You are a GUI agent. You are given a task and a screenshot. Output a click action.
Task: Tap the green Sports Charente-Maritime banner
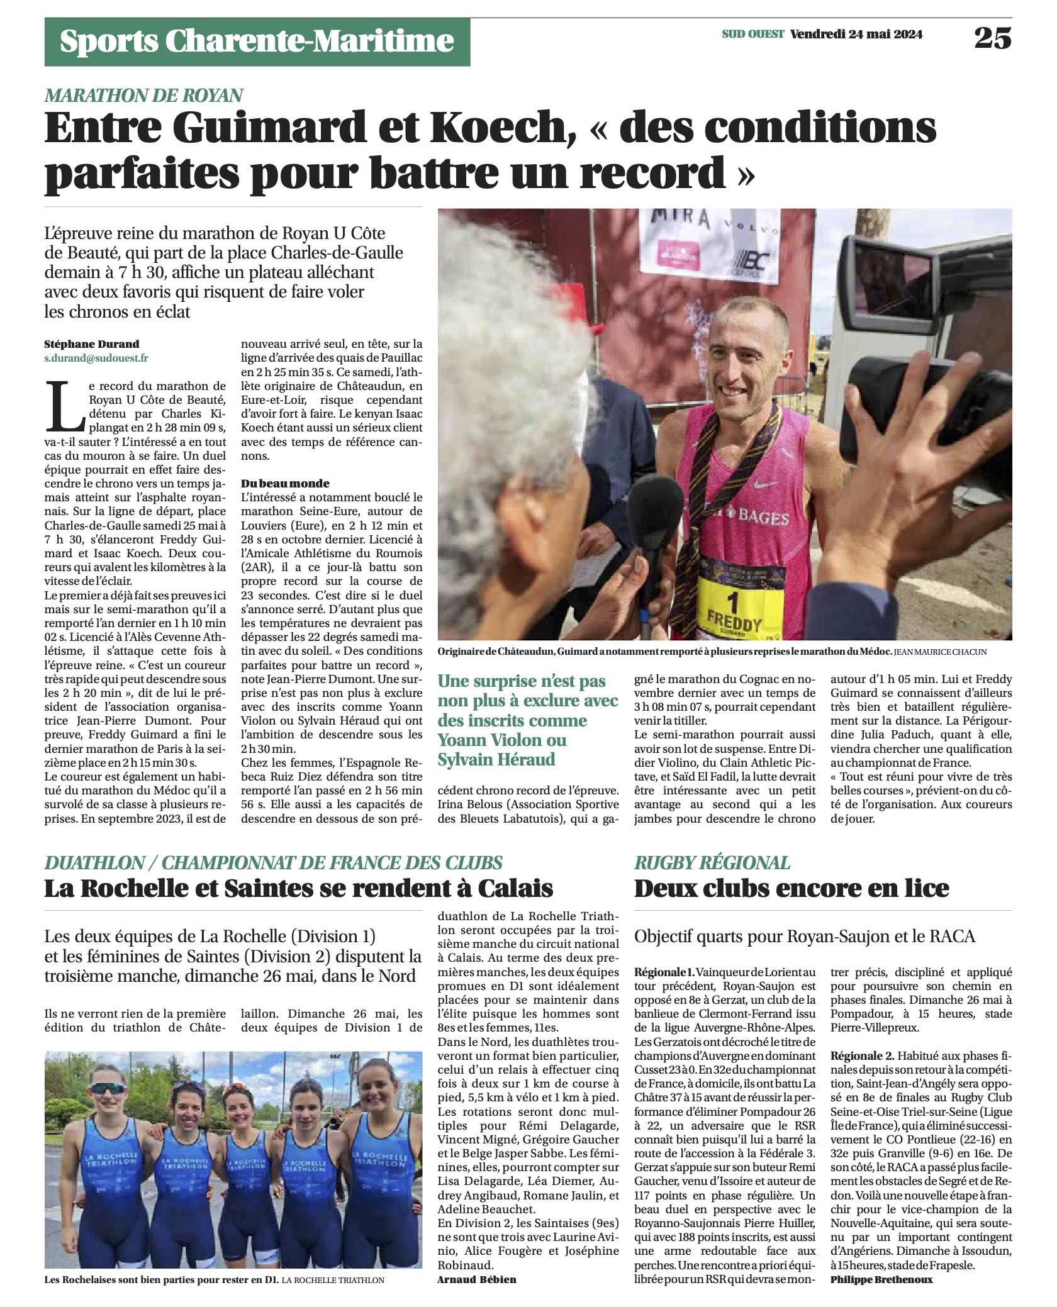click(257, 42)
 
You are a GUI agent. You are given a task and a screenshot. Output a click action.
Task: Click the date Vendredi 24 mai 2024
click(856, 35)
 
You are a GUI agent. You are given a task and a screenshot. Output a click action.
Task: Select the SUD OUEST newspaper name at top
click(752, 35)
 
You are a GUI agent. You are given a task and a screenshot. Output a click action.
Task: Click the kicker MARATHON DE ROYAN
click(143, 95)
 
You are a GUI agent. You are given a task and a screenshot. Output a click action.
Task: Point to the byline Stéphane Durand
click(92, 344)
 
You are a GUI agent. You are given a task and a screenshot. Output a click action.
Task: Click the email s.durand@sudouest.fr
click(96, 358)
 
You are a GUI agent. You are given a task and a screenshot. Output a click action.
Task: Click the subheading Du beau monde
click(285, 483)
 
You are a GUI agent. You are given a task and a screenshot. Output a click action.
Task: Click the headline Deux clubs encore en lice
click(791, 888)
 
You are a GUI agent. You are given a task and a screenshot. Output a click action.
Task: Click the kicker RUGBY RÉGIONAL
click(712, 862)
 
